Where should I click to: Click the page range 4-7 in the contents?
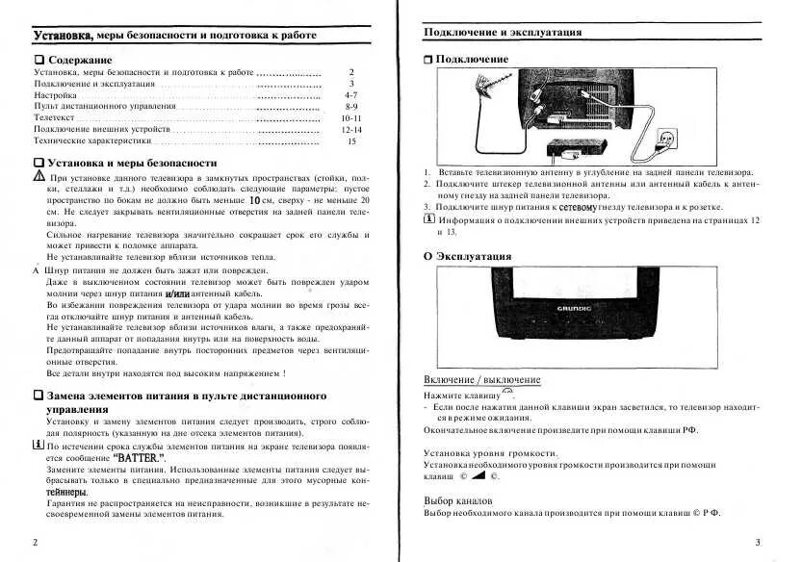click(350, 97)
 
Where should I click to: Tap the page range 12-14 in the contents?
click(350, 129)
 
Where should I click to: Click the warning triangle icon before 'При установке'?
click(39, 179)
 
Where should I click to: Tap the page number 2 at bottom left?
click(36, 543)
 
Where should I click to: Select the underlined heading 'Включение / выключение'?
click(477, 380)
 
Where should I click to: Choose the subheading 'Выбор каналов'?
click(458, 501)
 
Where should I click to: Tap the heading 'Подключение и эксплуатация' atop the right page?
click(503, 32)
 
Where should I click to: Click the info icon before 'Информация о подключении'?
click(429, 218)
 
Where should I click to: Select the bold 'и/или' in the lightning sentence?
click(179, 294)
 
